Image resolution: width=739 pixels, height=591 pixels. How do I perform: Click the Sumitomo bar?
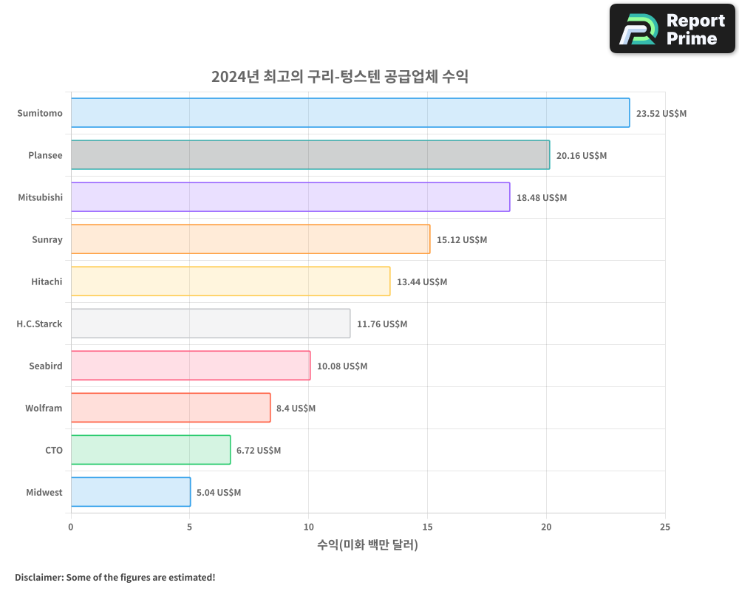tap(350, 113)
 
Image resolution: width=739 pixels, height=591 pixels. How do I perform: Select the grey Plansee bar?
tap(310, 155)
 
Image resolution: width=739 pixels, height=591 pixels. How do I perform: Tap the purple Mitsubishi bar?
tap(290, 197)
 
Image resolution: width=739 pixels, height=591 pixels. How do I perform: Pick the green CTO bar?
tap(151, 450)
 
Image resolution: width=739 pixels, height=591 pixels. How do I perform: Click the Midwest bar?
tap(131, 492)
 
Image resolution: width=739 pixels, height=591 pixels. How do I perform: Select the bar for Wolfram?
tap(171, 408)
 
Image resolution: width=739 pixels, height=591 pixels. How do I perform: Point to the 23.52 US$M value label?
tap(661, 114)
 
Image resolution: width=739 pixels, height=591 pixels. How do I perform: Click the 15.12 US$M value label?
tap(462, 240)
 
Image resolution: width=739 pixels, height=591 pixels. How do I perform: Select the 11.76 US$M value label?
tap(382, 324)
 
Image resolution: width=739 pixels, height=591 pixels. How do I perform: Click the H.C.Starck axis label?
tap(39, 324)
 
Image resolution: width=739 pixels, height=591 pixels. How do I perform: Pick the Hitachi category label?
tap(47, 281)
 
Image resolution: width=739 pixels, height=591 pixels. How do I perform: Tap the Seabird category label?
tap(46, 366)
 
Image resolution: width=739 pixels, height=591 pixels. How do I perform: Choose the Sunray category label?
tap(47, 239)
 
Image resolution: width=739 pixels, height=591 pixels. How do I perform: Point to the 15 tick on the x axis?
tap(427, 527)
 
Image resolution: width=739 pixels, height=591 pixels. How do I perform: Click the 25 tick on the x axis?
tap(665, 527)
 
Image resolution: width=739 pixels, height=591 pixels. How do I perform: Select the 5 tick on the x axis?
tap(190, 527)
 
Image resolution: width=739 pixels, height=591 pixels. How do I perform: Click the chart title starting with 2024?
tap(340, 77)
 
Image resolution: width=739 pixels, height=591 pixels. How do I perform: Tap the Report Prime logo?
tap(672, 29)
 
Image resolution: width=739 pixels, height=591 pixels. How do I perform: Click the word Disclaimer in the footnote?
tap(38, 577)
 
